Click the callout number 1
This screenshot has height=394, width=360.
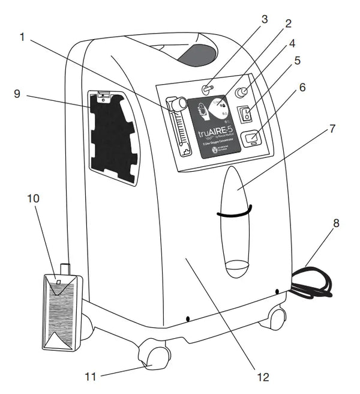pyautogui.click(x=23, y=37)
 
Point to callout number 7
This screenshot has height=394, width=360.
pyautogui.click(x=332, y=129)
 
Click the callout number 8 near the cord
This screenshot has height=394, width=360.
pyautogui.click(x=336, y=223)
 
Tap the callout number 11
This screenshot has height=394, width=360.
pyautogui.click(x=91, y=377)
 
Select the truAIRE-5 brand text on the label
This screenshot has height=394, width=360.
pyautogui.click(x=214, y=128)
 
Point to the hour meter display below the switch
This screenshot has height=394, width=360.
pyautogui.click(x=253, y=139)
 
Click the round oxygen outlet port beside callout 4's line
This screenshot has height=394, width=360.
pyautogui.click(x=242, y=92)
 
